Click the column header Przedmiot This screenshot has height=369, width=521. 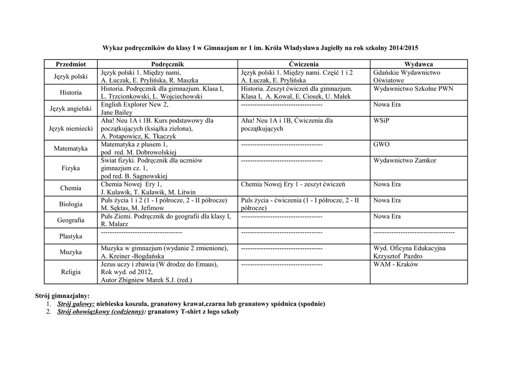(x=71, y=64)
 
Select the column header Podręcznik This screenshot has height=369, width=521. (x=167, y=64)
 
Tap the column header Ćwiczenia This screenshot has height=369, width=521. (x=304, y=64)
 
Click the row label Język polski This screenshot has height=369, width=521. (x=71, y=76)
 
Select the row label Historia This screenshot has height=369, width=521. (x=71, y=93)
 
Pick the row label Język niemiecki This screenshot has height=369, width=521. (x=71, y=129)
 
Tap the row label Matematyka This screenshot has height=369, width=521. (x=71, y=148)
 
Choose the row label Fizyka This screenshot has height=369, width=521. (x=71, y=168)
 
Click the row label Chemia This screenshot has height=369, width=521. (x=71, y=188)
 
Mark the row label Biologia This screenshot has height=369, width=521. (x=71, y=204)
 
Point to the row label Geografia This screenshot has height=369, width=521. (x=71, y=220)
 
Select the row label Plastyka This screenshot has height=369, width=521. (x=71, y=236)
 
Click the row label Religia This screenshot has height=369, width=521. (x=71, y=272)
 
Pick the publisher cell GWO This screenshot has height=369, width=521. (x=382, y=144)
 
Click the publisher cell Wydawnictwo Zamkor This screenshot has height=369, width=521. (x=404, y=161)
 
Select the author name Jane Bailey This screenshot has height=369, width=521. (x=117, y=112)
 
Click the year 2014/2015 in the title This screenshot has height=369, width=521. (x=403, y=47)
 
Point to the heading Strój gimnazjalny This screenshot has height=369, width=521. (x=62, y=296)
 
